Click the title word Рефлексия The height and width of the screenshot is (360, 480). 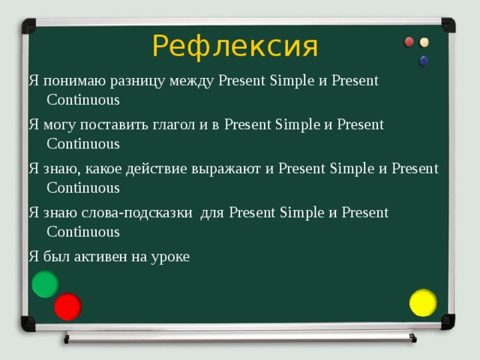[235, 46]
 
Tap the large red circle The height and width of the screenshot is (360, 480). [67, 306]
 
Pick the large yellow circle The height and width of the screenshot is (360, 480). [423, 302]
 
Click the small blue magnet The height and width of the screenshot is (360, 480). [424, 59]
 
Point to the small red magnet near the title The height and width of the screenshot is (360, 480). [409, 42]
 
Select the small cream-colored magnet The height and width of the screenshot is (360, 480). [425, 42]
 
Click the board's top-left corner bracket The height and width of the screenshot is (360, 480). [28, 26]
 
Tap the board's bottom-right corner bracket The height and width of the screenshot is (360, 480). [448, 322]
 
